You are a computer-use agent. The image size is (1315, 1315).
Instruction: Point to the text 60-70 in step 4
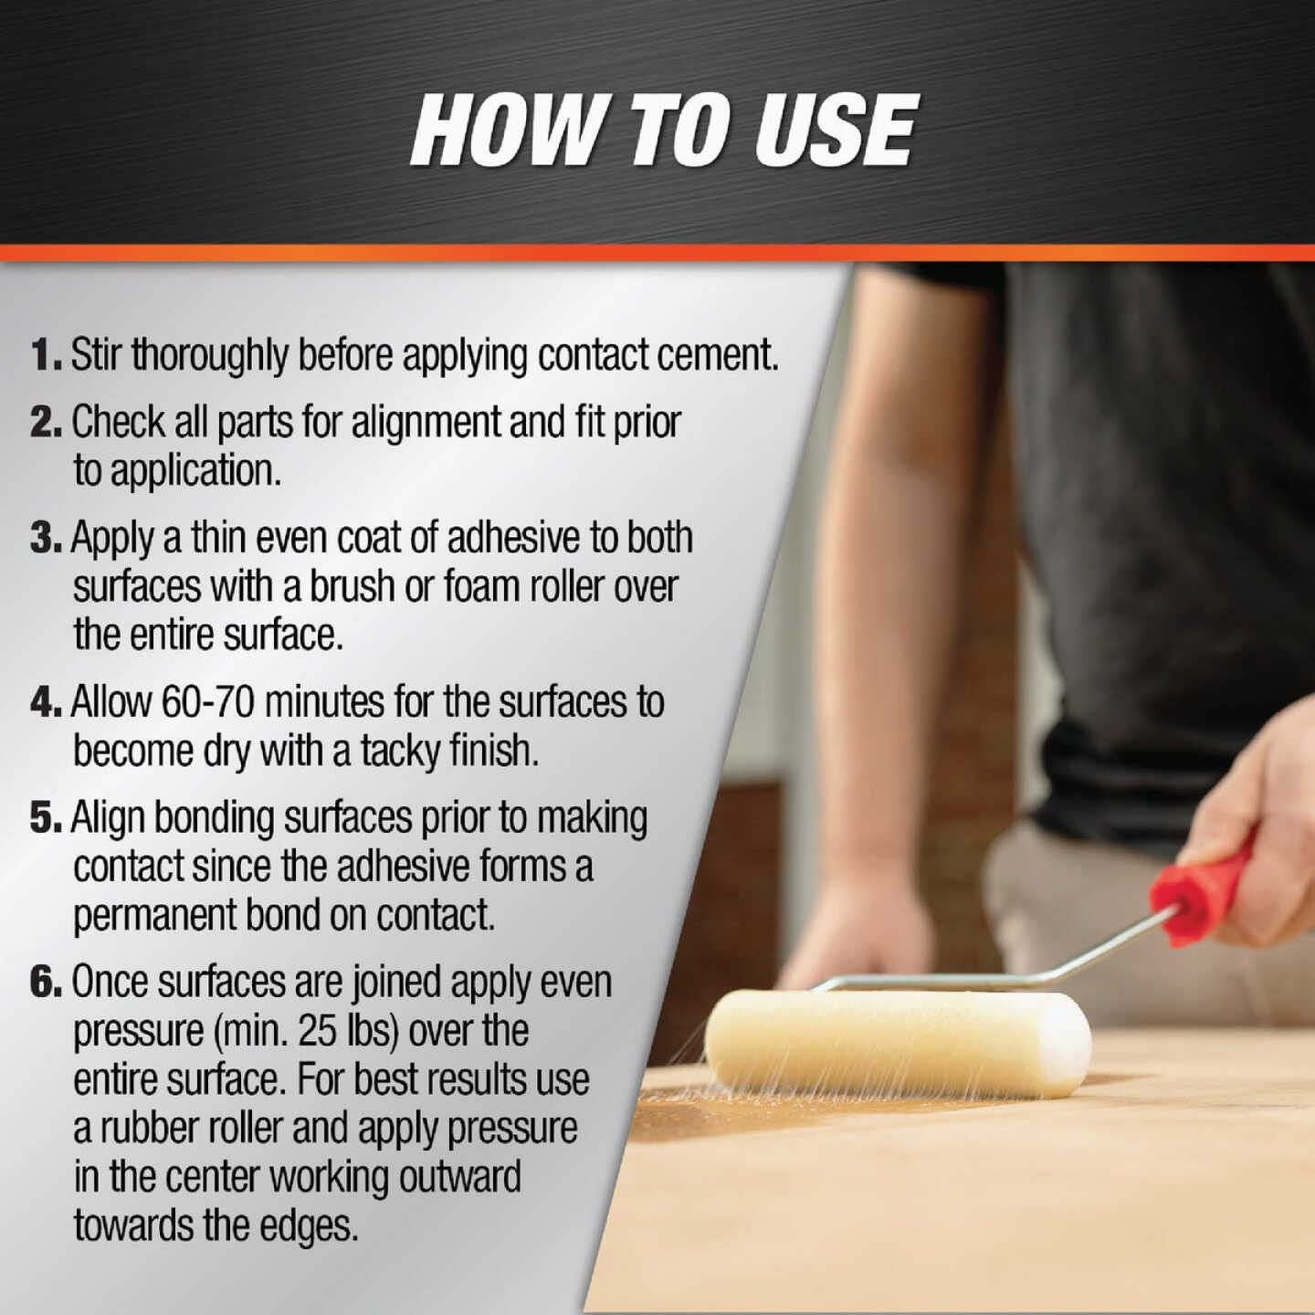[208, 702]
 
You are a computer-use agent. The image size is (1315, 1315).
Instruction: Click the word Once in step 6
[110, 982]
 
